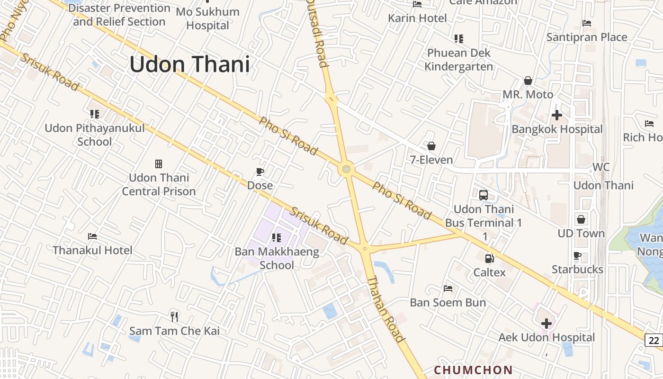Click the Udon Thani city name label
pos(189,64)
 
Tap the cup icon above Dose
pos(260,171)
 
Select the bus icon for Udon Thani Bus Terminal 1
pos(483,195)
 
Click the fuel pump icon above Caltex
pos(489,258)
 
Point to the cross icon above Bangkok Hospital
pos(557,115)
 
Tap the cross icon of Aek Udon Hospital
pos(547,324)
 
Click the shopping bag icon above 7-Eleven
pos(431,146)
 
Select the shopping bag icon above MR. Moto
pos(528,81)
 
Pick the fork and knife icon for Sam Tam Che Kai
pos(174,316)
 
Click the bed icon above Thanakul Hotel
pos(92,236)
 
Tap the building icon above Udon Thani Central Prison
pos(159,164)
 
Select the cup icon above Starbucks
pos(577,256)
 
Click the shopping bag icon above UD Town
pos(581,219)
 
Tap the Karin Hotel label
pos(417,18)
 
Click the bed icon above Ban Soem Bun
pos(448,288)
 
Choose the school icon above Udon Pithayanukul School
pos(94,114)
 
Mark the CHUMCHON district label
pos(473,370)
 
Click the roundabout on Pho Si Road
pos(347,168)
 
